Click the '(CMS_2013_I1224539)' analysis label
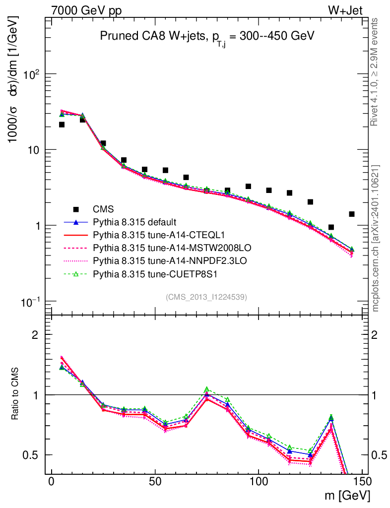coord(206,297)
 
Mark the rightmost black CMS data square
coord(352,214)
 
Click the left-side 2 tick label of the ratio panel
coord(35,334)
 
